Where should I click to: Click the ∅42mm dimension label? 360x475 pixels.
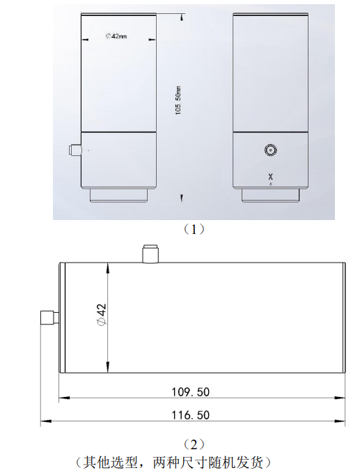click(116, 36)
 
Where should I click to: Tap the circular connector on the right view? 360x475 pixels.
click(269, 150)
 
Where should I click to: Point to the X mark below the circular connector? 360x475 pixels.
click(270, 176)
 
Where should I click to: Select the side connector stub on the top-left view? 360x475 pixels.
click(75, 150)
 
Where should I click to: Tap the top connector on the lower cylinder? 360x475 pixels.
click(149, 254)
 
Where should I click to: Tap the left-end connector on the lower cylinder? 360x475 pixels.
click(49, 318)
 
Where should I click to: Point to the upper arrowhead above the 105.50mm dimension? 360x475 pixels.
click(182, 17)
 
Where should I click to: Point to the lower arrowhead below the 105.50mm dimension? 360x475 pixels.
click(182, 197)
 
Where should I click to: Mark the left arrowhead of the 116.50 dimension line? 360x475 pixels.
click(46, 421)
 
